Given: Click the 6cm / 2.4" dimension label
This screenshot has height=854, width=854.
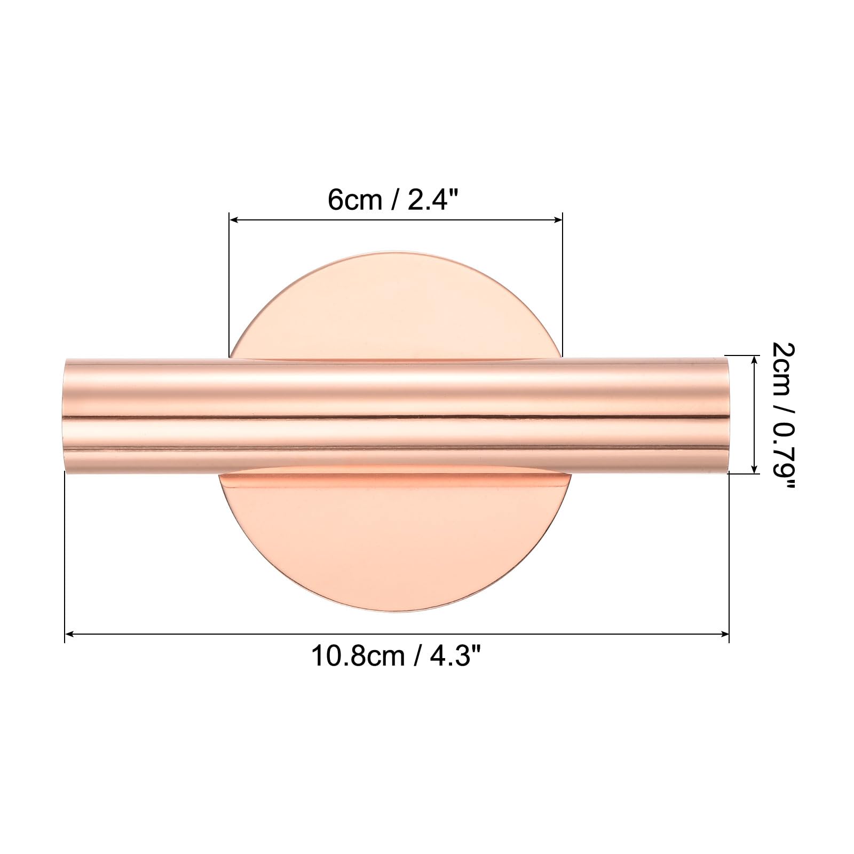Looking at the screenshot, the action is point(393,200).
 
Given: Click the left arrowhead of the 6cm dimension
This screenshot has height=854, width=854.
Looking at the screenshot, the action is point(233,219).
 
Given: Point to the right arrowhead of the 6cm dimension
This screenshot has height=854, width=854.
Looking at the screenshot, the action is point(559,219).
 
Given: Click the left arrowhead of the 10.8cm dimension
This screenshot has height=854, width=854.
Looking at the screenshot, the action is point(69,634).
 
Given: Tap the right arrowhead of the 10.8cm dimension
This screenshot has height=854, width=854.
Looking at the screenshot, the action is point(725,634).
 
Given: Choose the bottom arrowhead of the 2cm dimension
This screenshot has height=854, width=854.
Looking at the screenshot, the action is point(754,469).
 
